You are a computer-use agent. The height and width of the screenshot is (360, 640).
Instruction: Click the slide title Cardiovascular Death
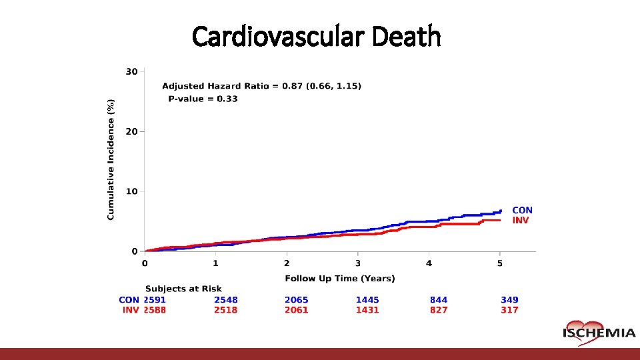click(317, 37)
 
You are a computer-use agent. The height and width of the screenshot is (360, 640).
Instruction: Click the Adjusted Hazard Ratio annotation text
click(262, 85)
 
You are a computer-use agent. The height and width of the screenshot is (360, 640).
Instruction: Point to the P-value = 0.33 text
click(203, 99)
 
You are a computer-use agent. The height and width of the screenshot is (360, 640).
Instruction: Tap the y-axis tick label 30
click(131, 71)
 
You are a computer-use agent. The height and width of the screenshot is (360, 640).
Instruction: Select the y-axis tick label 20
click(131, 131)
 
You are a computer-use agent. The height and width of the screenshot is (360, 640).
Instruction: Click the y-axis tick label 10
click(131, 191)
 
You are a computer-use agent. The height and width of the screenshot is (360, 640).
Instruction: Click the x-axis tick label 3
click(358, 263)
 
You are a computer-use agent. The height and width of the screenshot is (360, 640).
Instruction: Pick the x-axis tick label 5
click(500, 263)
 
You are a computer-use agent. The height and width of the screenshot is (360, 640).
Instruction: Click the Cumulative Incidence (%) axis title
click(111, 159)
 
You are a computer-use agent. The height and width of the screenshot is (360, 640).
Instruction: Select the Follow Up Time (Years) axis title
click(340, 278)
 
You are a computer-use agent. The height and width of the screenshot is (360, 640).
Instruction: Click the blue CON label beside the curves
click(522, 210)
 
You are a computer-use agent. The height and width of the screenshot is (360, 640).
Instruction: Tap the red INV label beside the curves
click(520, 220)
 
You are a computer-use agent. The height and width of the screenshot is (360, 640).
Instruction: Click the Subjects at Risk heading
click(183, 289)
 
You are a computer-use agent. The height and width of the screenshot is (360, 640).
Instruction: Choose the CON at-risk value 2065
click(297, 300)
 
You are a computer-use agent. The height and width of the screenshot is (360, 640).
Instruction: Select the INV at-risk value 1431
click(367, 310)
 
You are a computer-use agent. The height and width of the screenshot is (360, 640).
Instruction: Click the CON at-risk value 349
click(509, 300)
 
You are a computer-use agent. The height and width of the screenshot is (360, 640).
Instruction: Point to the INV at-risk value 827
click(439, 310)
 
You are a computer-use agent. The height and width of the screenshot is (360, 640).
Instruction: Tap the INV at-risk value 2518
click(225, 310)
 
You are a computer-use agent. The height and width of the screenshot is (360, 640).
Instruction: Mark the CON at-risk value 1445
click(367, 300)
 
